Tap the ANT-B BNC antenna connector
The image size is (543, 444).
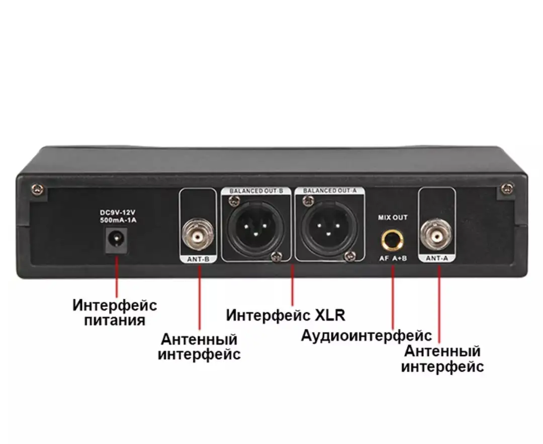point(198,236)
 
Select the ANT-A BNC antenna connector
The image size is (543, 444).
point(436,236)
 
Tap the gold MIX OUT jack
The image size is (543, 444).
point(392,240)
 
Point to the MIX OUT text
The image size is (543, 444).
point(393,217)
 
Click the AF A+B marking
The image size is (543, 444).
point(393,258)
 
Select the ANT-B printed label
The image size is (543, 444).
point(198,259)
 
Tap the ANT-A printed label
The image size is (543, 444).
point(437,258)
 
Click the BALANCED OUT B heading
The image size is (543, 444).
point(256,191)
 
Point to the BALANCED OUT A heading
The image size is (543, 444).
point(329,191)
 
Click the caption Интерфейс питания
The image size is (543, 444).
point(115,312)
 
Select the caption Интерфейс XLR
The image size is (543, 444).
point(286,315)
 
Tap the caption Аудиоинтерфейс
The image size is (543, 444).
point(367,336)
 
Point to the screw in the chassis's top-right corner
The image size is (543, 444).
point(508,189)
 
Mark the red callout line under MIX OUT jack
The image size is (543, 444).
point(393,297)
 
